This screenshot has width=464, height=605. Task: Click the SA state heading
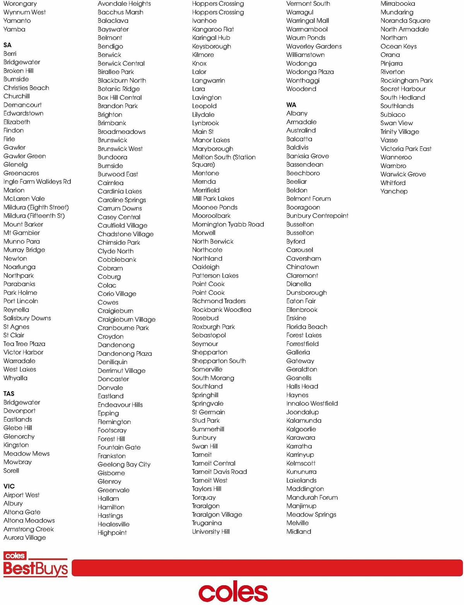pyautogui.click(x=7, y=45)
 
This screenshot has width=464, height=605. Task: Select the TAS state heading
pyautogui.click(x=9, y=394)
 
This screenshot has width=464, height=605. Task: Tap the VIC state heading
pyautogui.click(x=9, y=486)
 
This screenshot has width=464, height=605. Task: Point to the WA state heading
pyautogui.click(x=291, y=105)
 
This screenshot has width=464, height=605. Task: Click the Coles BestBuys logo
pyautogui.click(x=36, y=565)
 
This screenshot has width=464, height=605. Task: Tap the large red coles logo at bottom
pyautogui.click(x=233, y=592)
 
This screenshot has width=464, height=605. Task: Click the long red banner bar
pyautogui.click(x=267, y=567)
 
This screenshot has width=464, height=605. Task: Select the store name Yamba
pyautogui.click(x=14, y=29)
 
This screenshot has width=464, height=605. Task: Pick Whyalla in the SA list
pyautogui.click(x=15, y=378)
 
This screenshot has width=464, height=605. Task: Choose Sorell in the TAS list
pyautogui.click(x=11, y=471)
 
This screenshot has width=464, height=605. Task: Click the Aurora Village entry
pyautogui.click(x=25, y=537)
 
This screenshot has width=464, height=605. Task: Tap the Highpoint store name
pyautogui.click(x=112, y=533)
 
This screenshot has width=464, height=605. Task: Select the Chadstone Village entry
pyautogui.click(x=126, y=234)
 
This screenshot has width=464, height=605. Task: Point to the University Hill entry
pyautogui.click(x=211, y=531)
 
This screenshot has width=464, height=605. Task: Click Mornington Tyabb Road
pyautogui.click(x=228, y=225)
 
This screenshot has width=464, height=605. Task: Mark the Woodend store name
pyautogui.click(x=301, y=89)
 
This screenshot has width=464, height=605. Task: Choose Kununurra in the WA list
pyautogui.click(x=301, y=472)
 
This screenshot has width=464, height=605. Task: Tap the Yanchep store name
pyautogui.click(x=394, y=191)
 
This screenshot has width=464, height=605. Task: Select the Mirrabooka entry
pyautogui.click(x=397, y=4)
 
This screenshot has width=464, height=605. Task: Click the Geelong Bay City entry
pyautogui.click(x=124, y=464)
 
